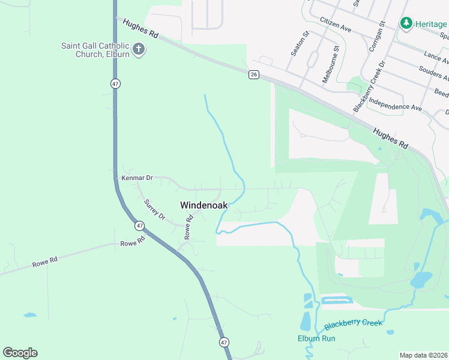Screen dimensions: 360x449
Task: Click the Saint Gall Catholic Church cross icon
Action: tap(139, 49)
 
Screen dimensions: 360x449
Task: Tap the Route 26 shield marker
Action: tap(254, 74)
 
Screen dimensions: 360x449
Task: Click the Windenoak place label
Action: tap(204, 205)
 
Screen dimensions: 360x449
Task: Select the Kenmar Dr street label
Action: tap(137, 178)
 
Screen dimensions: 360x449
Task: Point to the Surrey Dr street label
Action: tap(155, 210)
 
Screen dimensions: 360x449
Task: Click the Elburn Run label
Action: tap(316, 338)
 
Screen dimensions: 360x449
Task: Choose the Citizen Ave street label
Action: tap(336, 24)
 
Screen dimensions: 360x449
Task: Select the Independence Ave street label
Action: tap(395, 103)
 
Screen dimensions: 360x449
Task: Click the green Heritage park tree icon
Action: tap(406, 23)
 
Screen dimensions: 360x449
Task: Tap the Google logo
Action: tap(20, 353)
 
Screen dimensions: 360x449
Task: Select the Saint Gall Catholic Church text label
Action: tap(95, 49)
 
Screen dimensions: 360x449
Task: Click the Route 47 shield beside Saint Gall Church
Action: tap(115, 83)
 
